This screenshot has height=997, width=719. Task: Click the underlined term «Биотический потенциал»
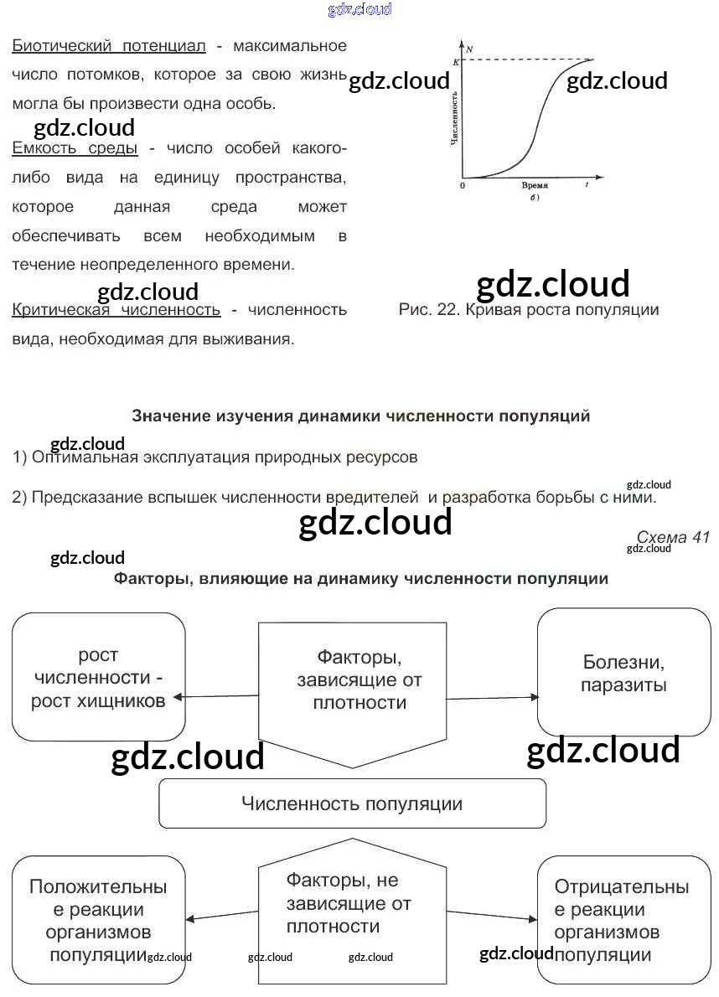click(108, 45)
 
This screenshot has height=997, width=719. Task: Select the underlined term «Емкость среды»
click(75, 148)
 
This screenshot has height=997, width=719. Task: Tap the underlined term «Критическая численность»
click(116, 310)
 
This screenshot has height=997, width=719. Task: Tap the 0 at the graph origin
click(463, 184)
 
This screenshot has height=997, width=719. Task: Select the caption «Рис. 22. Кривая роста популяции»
click(529, 310)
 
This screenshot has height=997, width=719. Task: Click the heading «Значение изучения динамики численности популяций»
click(361, 416)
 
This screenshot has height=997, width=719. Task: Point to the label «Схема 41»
click(672, 537)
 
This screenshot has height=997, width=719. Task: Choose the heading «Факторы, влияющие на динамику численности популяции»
click(360, 578)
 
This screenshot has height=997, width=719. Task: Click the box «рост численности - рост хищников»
click(98, 677)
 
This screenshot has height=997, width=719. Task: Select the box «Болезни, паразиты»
click(623, 673)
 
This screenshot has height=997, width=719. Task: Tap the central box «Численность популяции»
click(352, 803)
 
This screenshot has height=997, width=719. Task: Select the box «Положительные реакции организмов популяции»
click(98, 919)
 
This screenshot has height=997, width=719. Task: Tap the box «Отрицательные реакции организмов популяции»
click(623, 919)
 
